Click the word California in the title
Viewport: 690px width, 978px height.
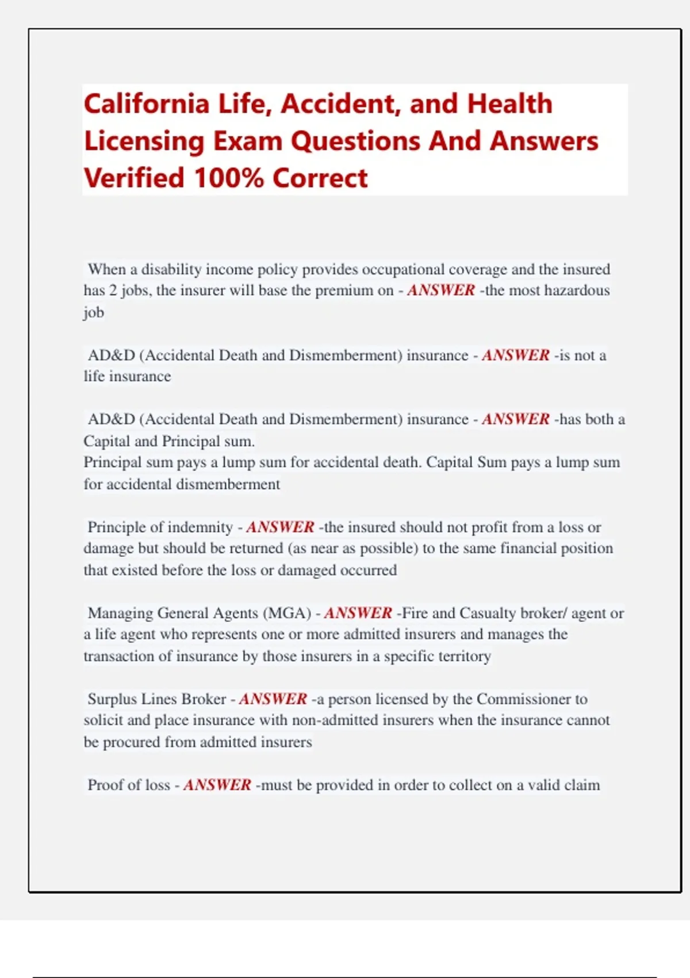tap(147, 104)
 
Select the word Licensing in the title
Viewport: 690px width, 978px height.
tap(144, 141)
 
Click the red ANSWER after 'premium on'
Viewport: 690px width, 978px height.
tap(441, 291)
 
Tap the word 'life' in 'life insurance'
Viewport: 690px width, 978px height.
tap(94, 376)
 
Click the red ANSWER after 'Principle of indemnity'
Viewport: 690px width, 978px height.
tap(280, 527)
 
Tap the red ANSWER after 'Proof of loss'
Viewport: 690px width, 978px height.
tap(217, 785)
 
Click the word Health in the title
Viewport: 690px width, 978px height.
tap(509, 104)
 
